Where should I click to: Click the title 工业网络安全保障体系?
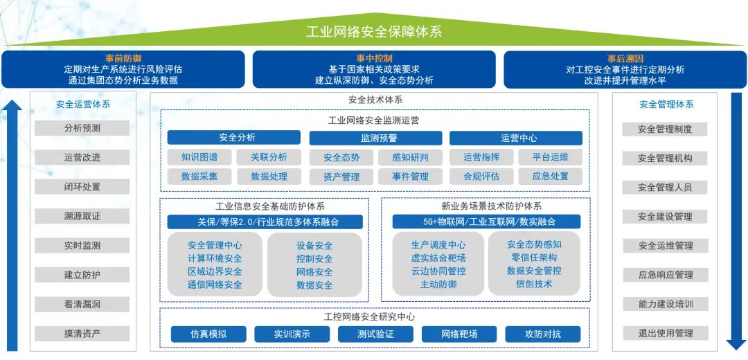(373, 31)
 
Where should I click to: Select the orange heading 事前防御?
(123, 59)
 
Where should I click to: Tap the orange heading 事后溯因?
(625, 59)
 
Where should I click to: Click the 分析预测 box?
(82, 128)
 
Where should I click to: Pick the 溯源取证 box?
(82, 216)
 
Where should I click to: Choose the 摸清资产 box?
(82, 333)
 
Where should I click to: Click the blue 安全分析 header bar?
(234, 138)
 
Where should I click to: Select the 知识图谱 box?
(199, 157)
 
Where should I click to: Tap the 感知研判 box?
(410, 157)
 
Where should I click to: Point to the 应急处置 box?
(551, 176)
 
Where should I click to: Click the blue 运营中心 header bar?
(516, 138)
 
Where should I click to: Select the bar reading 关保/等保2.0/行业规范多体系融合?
(265, 222)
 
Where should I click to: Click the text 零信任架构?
(534, 258)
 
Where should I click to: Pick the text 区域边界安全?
(215, 272)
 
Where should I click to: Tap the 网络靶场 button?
(459, 334)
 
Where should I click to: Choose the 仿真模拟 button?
(208, 334)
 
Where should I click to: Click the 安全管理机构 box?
(665, 158)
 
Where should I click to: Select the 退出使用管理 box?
(665, 333)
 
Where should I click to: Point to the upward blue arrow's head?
(12, 105)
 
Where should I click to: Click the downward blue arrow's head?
(736, 344)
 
